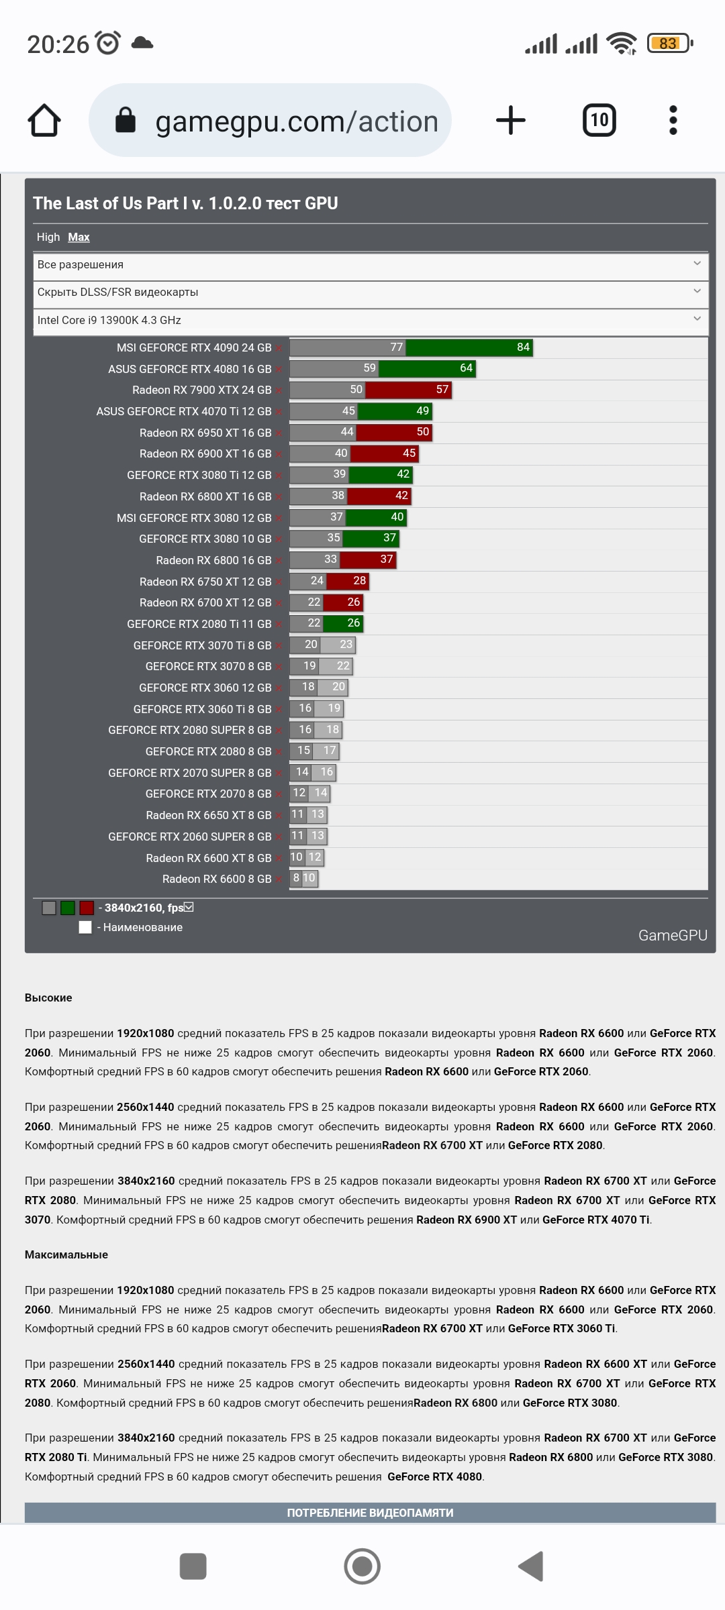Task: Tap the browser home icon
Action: coord(44,121)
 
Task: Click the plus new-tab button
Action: coord(511,121)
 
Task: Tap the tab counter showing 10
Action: coord(599,121)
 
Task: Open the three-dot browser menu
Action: coord(673,121)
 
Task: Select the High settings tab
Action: coord(48,237)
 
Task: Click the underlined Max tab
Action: coord(79,237)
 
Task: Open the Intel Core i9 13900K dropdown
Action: coord(370,321)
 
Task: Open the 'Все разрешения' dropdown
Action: coord(370,265)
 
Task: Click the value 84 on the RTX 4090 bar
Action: coord(524,347)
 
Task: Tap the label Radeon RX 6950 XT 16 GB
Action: coord(205,433)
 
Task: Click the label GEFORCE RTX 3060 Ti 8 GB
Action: coord(202,709)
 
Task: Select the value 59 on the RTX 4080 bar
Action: coord(370,368)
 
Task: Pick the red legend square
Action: coord(87,908)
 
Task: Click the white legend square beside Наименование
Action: coord(85,927)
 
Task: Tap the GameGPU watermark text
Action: coord(673,935)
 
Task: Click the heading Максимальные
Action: coord(66,1254)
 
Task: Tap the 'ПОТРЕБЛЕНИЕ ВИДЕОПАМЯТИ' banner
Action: coord(370,1513)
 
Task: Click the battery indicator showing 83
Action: coord(669,44)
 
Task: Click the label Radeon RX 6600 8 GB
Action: coord(217,879)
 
